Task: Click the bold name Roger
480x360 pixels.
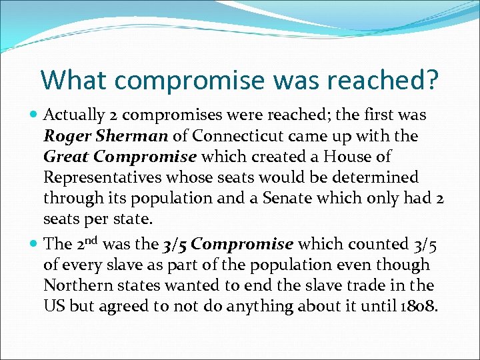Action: (x=65, y=136)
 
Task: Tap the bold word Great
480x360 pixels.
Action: (x=66, y=157)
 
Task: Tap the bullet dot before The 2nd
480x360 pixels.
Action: (x=34, y=244)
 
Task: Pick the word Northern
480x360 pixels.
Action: (x=73, y=285)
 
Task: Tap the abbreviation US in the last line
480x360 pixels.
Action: (x=55, y=307)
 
